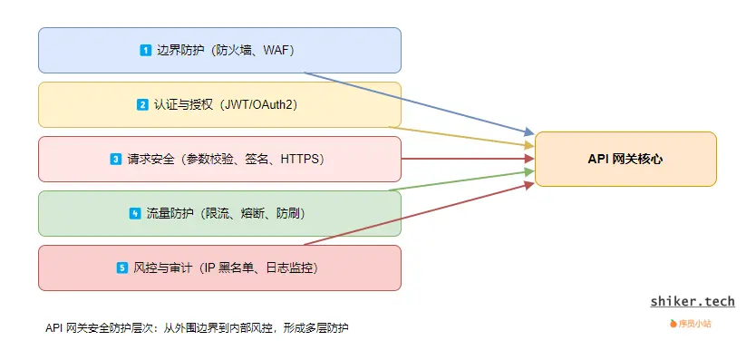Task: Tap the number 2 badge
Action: (x=142, y=105)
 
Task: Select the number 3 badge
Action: (x=116, y=160)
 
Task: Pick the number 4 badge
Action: (x=135, y=214)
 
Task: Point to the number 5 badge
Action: (x=122, y=268)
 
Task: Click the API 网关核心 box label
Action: (x=625, y=159)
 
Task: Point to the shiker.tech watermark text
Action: (x=693, y=301)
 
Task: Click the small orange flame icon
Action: (x=673, y=323)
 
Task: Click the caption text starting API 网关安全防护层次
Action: (x=196, y=327)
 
